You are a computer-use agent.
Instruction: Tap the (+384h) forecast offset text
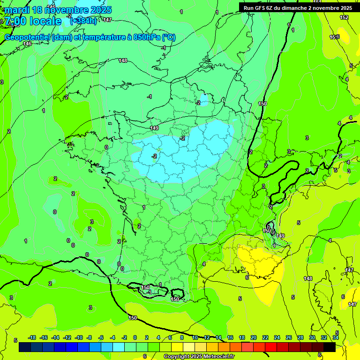tap(83, 21)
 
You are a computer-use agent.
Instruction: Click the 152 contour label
tap(344, 17)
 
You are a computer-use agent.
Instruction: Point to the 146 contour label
tap(27, 44)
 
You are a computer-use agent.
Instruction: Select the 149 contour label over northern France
tap(154, 128)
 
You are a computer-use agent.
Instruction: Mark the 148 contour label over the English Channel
tap(123, 60)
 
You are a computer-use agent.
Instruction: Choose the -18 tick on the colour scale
tap(32, 337)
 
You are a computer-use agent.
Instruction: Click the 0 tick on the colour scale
tap(135, 337)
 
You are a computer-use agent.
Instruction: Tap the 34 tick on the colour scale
tap(336, 337)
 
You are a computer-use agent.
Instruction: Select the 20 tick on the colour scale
tap(254, 337)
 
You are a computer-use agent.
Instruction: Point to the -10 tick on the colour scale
tap(79, 337)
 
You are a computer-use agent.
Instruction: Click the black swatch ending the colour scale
tap(330, 347)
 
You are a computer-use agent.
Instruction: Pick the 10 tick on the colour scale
tap(195, 337)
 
